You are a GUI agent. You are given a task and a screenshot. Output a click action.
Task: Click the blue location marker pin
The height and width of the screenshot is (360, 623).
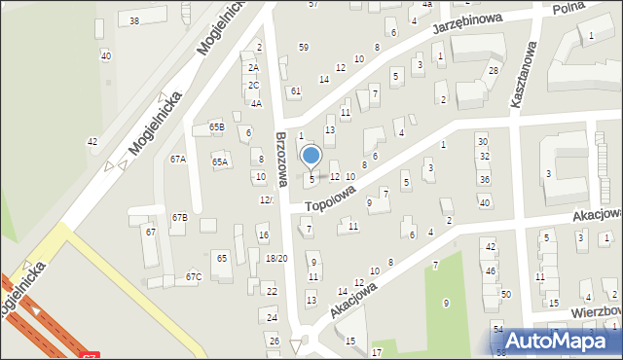point(311,156)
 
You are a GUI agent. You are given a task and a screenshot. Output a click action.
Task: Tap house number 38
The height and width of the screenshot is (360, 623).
point(134,20)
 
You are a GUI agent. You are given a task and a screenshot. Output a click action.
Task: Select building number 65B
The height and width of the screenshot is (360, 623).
point(217,126)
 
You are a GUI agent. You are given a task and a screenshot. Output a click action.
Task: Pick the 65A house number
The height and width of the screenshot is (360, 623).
point(220,162)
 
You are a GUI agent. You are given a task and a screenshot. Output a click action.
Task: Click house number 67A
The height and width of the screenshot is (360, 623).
point(178,159)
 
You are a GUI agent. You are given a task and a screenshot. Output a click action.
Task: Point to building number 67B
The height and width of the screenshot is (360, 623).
point(180,217)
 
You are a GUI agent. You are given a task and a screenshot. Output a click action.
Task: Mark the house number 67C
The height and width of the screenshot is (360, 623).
point(194,277)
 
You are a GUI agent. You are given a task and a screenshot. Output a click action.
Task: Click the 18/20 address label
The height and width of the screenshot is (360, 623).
point(276,258)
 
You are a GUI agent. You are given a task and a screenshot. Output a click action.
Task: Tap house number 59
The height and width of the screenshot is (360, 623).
point(304,47)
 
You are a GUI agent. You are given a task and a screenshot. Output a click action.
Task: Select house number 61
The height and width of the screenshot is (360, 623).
point(296,90)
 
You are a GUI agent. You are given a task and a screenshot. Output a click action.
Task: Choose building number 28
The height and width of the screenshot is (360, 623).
point(494,71)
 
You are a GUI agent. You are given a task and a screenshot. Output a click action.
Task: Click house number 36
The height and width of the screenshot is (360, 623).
point(485,180)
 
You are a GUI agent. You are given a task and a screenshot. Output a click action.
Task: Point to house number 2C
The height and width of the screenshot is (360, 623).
point(253,85)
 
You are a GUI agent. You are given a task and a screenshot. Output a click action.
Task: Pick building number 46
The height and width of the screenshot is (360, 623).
point(491,270)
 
